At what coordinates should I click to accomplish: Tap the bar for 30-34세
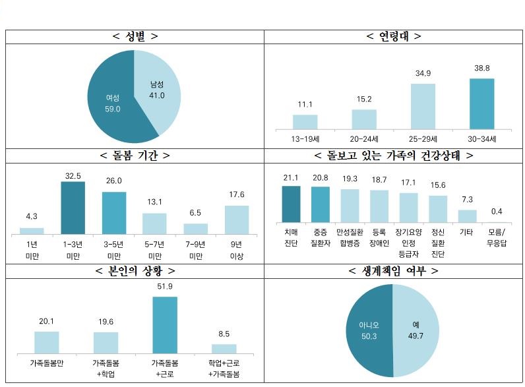pyautogui.click(x=481, y=104)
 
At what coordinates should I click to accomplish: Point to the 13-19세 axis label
pyautogui.click(x=305, y=139)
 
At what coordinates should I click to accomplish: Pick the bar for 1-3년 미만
pyautogui.click(x=73, y=207)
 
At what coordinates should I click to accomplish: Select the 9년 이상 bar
pyautogui.click(x=237, y=219)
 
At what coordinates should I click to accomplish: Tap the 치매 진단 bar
pyautogui.click(x=291, y=204)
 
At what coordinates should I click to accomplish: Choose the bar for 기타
pyautogui.click(x=467, y=216)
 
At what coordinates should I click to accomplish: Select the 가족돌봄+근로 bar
pyautogui.click(x=165, y=325)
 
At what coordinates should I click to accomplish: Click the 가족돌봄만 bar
pyautogui.click(x=46, y=342)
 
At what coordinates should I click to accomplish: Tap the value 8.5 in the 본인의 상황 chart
pyautogui.click(x=224, y=334)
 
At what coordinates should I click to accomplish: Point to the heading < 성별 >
pyautogui.click(x=135, y=36)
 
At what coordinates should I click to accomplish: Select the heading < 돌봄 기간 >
pyautogui.click(x=135, y=156)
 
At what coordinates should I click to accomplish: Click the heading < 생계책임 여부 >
pyautogui.click(x=394, y=271)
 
